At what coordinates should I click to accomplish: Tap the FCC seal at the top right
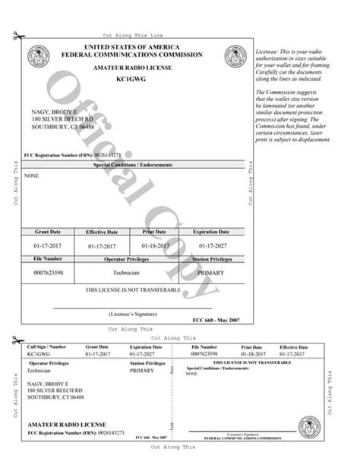coord(234,56)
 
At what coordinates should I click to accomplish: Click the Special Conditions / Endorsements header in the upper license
coord(133,165)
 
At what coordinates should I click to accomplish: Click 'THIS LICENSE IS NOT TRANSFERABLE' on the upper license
coord(133,291)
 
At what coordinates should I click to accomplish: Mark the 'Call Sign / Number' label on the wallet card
coord(42,346)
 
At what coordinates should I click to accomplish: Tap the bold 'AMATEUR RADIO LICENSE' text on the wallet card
coord(67,424)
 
